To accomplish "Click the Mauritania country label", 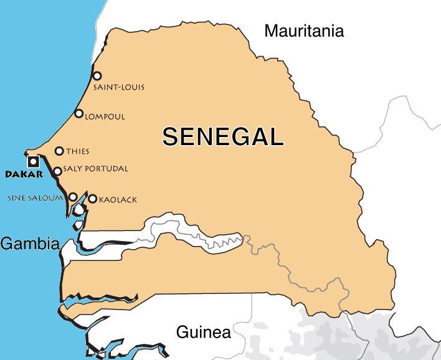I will tap(304, 31).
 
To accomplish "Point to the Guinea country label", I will tap(203, 332).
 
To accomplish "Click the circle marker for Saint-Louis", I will tap(97, 76).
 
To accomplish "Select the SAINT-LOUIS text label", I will tap(119, 87).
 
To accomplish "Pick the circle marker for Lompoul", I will tap(79, 113).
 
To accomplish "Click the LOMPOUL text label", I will tap(105, 116).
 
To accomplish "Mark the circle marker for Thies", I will tap(59, 151).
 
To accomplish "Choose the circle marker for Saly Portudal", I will tap(57, 171).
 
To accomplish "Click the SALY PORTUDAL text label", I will tap(95, 169).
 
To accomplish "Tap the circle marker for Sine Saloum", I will tap(73, 197).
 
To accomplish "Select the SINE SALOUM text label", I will tap(35, 198).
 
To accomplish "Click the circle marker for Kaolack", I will tap(93, 199).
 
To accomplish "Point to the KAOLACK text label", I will tap(118, 200).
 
